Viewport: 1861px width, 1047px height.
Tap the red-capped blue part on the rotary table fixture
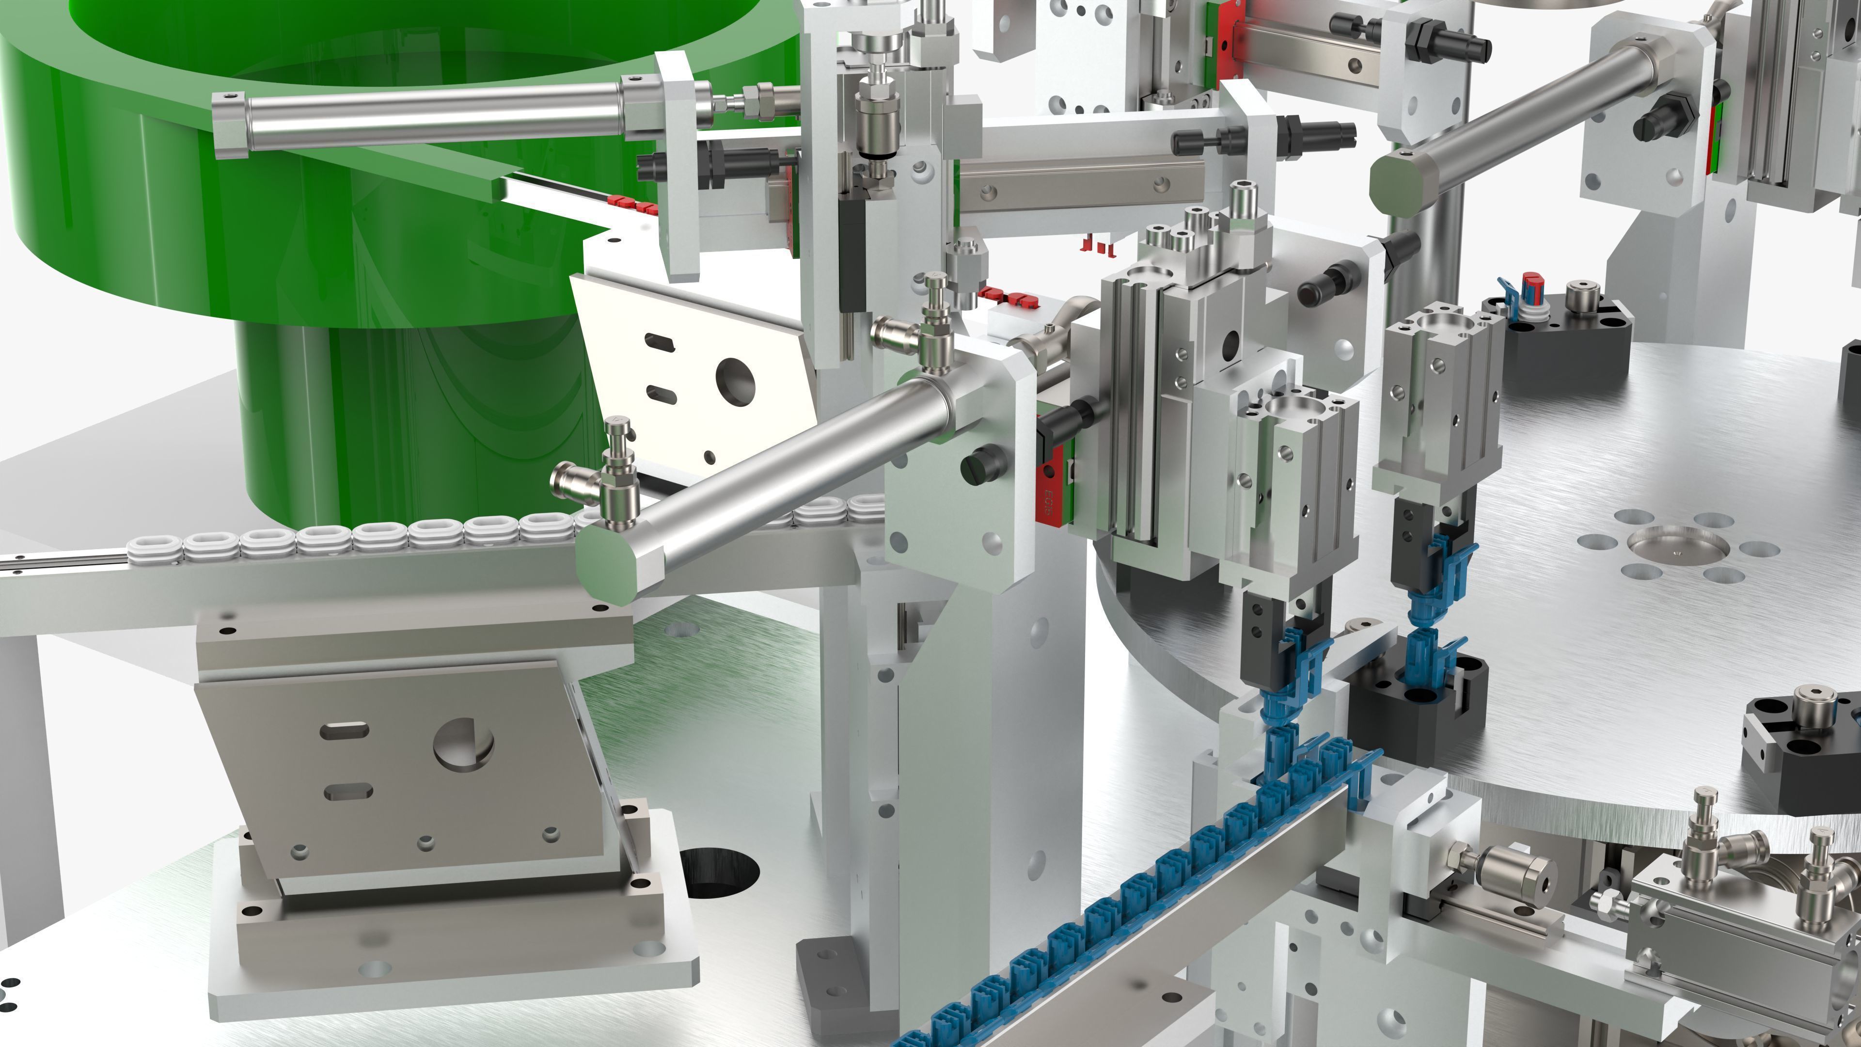pyautogui.click(x=1530, y=287)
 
